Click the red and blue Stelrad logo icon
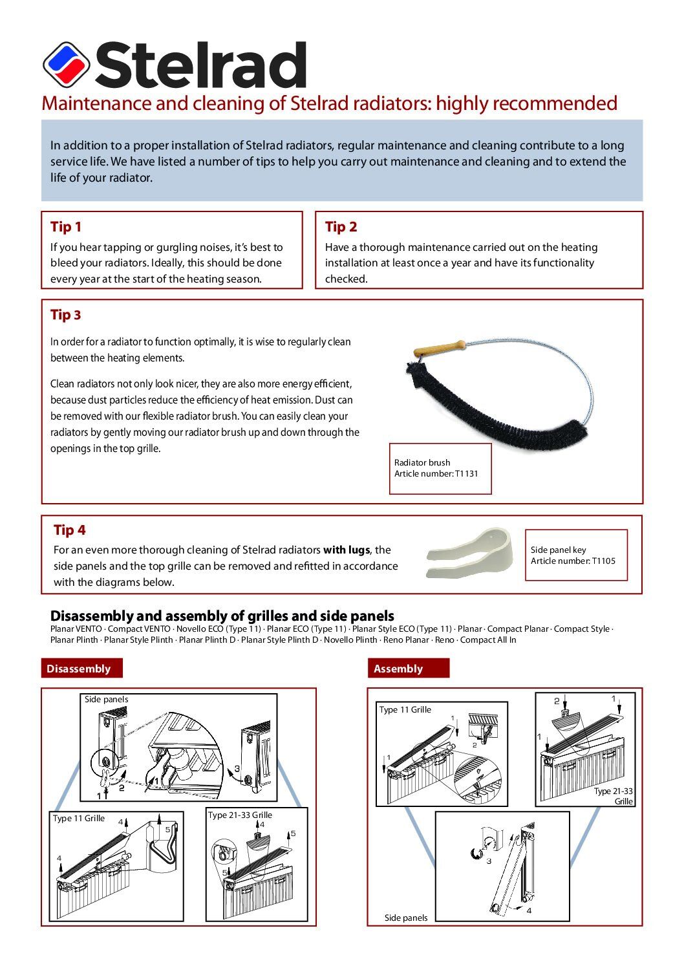point(66,65)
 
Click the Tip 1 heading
point(66,227)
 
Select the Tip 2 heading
point(341,227)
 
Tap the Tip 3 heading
point(66,315)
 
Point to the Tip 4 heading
point(69,530)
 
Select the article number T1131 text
point(436,474)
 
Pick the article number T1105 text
point(573,561)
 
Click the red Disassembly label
point(79,669)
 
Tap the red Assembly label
point(398,669)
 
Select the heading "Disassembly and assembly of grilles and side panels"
point(222,616)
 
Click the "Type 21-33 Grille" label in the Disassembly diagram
point(240,815)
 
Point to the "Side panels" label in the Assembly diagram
point(406,918)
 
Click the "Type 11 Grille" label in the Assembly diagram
point(405,710)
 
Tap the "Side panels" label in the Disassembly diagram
point(107,700)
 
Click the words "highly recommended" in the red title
point(527,103)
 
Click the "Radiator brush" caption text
point(422,463)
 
